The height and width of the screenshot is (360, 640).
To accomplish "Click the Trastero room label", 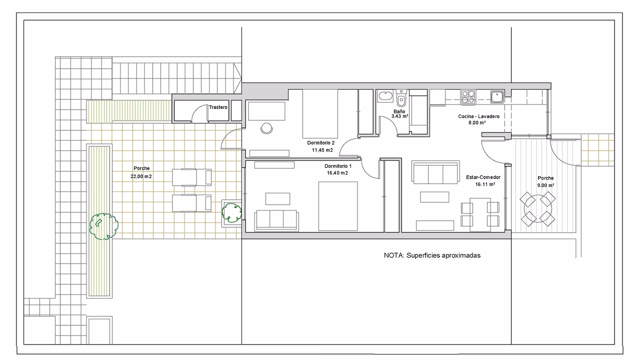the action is pos(218,107).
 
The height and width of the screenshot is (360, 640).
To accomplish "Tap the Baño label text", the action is pos(399,111).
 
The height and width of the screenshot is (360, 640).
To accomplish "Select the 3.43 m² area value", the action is pos(399,116).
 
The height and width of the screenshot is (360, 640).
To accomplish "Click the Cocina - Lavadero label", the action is pos(479,116).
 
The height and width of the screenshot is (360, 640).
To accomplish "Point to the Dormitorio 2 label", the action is pos(321,142).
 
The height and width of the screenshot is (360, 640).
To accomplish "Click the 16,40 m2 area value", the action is pos(337,173).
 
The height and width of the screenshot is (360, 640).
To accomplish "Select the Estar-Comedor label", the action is pos(483,177).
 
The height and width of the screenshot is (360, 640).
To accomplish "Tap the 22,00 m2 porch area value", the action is pos(141,176).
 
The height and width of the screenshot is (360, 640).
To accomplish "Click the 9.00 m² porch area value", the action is pos(545,185).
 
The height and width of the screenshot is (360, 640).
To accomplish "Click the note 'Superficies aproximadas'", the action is pos(443,255).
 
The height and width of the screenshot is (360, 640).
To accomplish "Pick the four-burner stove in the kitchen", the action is pos(467,97).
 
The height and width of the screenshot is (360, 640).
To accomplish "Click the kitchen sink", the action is pos(497,96).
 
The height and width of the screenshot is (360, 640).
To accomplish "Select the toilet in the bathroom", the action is pos(401,97).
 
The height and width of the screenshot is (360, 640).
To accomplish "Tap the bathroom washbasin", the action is pos(385,96).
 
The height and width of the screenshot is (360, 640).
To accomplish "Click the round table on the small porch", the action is pos(537,209).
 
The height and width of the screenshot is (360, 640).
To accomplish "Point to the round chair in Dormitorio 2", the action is pos(266,128).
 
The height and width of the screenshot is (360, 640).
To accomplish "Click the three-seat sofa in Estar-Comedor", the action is pos(435,172).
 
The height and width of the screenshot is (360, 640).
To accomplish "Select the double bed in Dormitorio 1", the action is pos(338,206).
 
